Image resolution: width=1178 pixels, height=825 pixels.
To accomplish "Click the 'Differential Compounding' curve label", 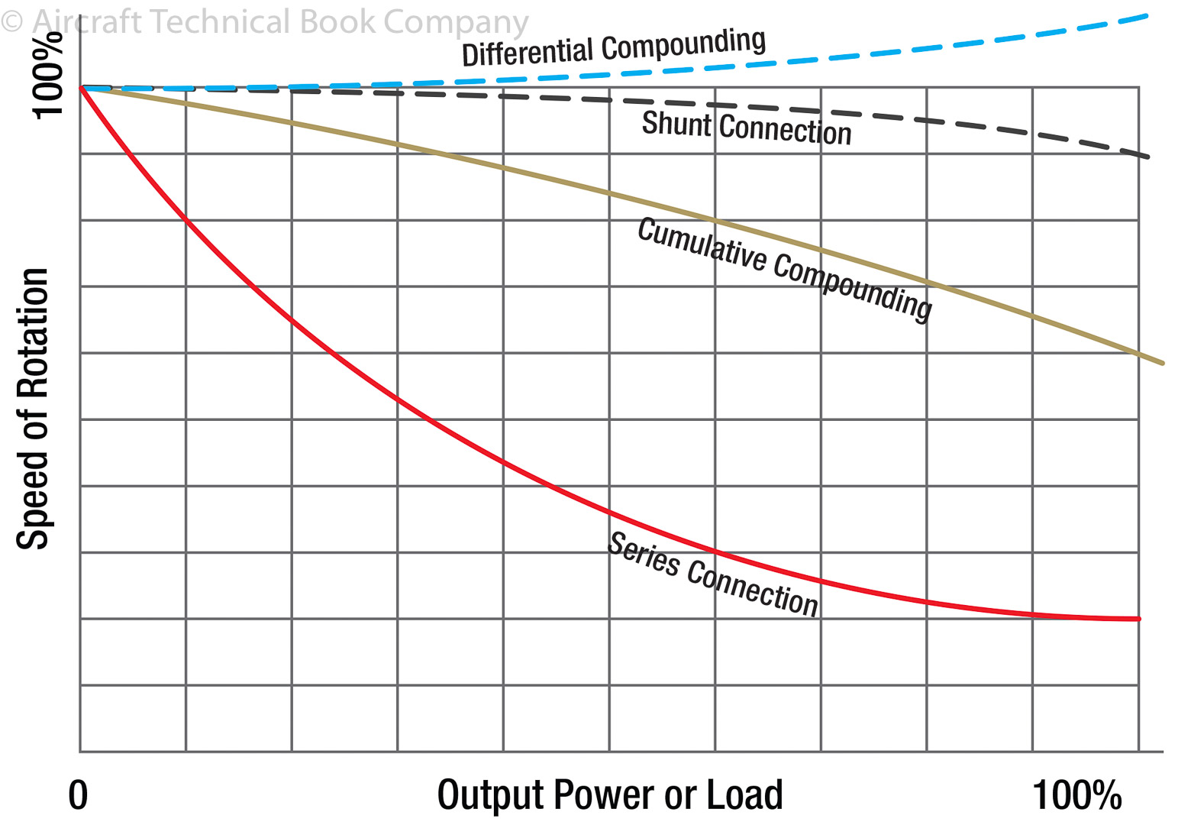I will pyautogui.click(x=614, y=47).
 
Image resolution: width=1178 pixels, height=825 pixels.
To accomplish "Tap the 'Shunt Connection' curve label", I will pyautogui.click(x=746, y=128).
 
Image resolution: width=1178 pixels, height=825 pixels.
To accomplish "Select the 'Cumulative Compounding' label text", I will pyautogui.click(x=784, y=268).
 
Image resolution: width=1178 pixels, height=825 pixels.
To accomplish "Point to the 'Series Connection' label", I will pyautogui.click(x=712, y=574).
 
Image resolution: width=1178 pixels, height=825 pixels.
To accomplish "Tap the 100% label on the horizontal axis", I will pyautogui.click(x=1076, y=795).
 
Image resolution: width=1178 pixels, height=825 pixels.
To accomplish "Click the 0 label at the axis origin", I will pyautogui.click(x=78, y=795).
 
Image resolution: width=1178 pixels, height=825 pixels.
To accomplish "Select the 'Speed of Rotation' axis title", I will pyautogui.click(x=34, y=409).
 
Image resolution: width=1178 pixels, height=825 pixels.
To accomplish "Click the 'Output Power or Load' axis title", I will pyautogui.click(x=610, y=795).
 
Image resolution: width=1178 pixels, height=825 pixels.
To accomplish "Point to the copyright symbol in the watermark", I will pyautogui.click(x=11, y=21).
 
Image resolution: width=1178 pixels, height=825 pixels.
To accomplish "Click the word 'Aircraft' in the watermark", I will pyautogui.click(x=86, y=22).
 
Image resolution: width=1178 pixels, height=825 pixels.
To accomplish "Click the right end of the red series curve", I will pyautogui.click(x=1138, y=618).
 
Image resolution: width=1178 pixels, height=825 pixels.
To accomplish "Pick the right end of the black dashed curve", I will pyautogui.click(x=1147, y=157).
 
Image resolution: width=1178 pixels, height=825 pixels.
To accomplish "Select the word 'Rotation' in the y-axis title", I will pyautogui.click(x=34, y=333).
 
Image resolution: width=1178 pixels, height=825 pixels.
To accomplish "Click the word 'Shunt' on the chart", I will pyautogui.click(x=676, y=124).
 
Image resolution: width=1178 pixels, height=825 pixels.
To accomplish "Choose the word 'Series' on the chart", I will pyautogui.click(x=643, y=555).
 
